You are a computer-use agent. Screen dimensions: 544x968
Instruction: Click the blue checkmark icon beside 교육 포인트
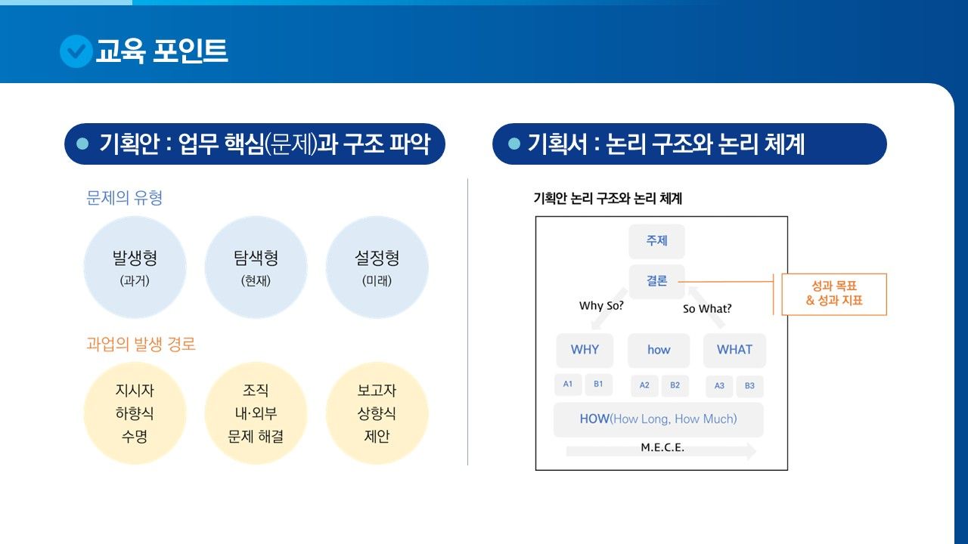click(x=76, y=51)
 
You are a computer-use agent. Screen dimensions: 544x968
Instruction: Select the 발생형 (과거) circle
click(x=135, y=267)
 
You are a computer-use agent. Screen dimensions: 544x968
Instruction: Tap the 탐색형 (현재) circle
click(x=256, y=267)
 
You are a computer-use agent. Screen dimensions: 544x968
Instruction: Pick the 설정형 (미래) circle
click(x=377, y=267)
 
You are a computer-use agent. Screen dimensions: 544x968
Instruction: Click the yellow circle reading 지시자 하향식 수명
click(x=135, y=413)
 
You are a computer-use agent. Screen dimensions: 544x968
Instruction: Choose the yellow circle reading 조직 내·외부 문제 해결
click(x=256, y=413)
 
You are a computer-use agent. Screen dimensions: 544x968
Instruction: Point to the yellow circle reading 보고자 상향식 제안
click(x=377, y=413)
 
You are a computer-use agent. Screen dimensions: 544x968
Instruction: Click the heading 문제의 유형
click(x=125, y=198)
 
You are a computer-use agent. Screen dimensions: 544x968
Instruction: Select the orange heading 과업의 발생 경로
click(x=141, y=345)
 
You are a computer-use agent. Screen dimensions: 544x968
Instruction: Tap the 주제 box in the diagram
click(x=656, y=241)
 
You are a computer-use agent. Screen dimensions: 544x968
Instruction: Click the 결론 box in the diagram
click(x=656, y=281)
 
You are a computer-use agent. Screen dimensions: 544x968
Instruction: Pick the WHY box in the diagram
click(x=585, y=350)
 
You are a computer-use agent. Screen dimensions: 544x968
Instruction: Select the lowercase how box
click(x=659, y=350)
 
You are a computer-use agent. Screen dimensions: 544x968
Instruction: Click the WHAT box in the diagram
click(x=734, y=350)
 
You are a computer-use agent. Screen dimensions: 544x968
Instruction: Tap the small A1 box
click(x=568, y=385)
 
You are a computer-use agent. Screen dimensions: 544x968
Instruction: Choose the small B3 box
click(x=749, y=386)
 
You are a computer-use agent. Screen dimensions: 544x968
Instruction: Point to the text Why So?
click(x=601, y=306)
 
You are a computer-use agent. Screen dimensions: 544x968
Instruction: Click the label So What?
click(x=707, y=308)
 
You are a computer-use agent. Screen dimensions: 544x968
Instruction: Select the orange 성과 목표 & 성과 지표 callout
click(x=834, y=294)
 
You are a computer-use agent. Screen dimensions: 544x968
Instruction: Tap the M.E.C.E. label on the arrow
click(x=662, y=447)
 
